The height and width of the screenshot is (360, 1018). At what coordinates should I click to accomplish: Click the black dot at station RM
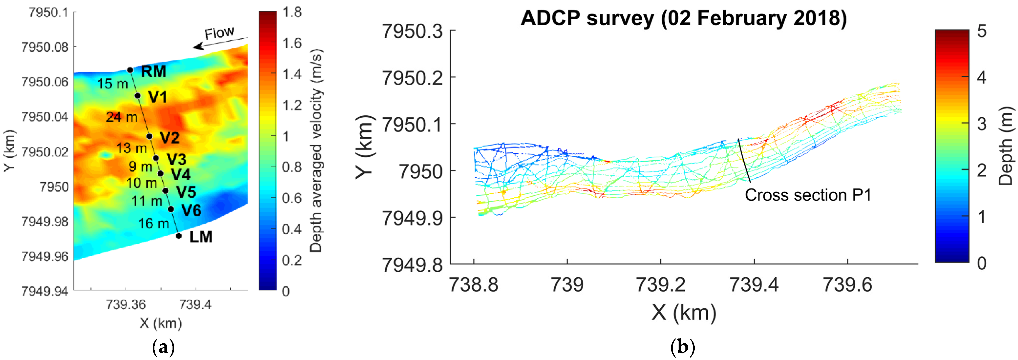tap(130, 70)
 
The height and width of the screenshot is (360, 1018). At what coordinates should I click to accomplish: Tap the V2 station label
tap(170, 138)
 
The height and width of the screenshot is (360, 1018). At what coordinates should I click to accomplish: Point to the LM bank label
tap(201, 237)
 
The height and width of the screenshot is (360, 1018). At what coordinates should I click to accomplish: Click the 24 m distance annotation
tap(122, 117)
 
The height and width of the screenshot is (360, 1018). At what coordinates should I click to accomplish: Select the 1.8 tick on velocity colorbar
tap(292, 12)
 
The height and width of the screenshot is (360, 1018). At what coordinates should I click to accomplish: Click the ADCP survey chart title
tap(684, 18)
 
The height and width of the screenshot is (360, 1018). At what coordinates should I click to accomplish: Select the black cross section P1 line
tap(744, 160)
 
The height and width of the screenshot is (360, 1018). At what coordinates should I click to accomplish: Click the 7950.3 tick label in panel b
tap(412, 31)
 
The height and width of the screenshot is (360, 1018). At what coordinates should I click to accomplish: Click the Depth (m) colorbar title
tap(1006, 146)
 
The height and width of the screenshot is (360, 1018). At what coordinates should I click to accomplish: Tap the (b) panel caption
tap(682, 347)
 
